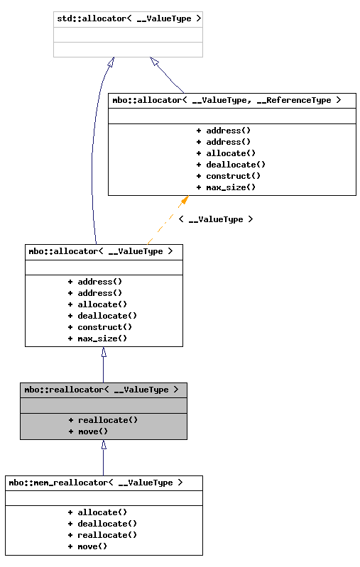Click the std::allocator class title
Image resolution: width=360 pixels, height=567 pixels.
(x=128, y=18)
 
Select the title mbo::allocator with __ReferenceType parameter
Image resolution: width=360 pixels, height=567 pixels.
(x=227, y=100)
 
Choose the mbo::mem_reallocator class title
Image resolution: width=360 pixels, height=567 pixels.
(x=96, y=483)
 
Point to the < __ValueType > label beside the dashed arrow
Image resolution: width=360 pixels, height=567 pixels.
(x=216, y=219)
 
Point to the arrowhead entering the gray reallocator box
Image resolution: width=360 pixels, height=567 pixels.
(x=104, y=445)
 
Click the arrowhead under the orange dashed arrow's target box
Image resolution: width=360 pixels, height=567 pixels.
(x=184, y=202)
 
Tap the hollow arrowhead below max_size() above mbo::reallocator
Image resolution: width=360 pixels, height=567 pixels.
(x=104, y=352)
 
